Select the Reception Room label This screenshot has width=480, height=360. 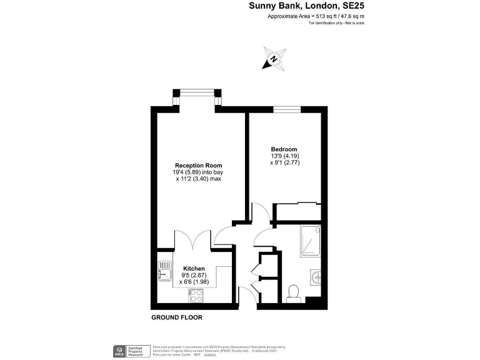199,166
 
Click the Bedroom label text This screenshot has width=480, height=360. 284,149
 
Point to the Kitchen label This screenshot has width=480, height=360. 194,267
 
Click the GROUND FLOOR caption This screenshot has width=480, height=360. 177,317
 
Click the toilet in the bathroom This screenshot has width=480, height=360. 293,294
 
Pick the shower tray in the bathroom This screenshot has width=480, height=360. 311,241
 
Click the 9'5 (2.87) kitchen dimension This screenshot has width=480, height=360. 194,274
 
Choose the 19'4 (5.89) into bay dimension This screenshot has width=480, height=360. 199,172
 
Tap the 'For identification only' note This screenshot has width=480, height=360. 336,23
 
